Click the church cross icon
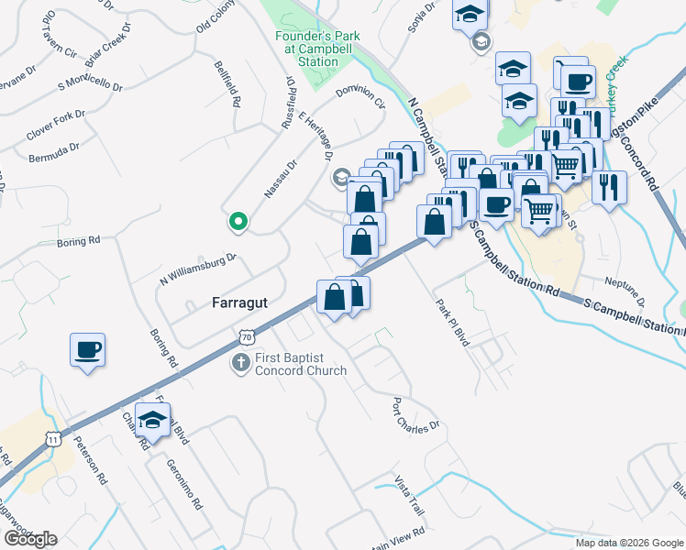pos(241,362)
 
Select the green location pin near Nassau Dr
pos(238,221)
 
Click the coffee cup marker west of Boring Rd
pos(88,350)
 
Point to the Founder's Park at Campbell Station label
pos(307,49)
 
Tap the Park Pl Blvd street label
pos(452,322)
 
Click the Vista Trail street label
pos(410,495)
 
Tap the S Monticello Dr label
pos(90,82)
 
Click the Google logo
pos(30,538)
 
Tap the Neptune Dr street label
pos(627,291)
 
